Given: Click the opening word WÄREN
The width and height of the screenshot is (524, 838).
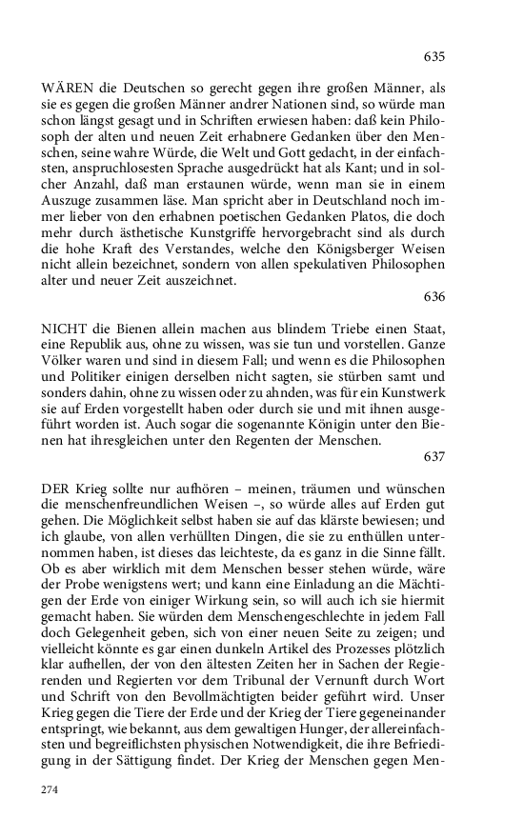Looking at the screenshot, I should click(67, 87).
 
